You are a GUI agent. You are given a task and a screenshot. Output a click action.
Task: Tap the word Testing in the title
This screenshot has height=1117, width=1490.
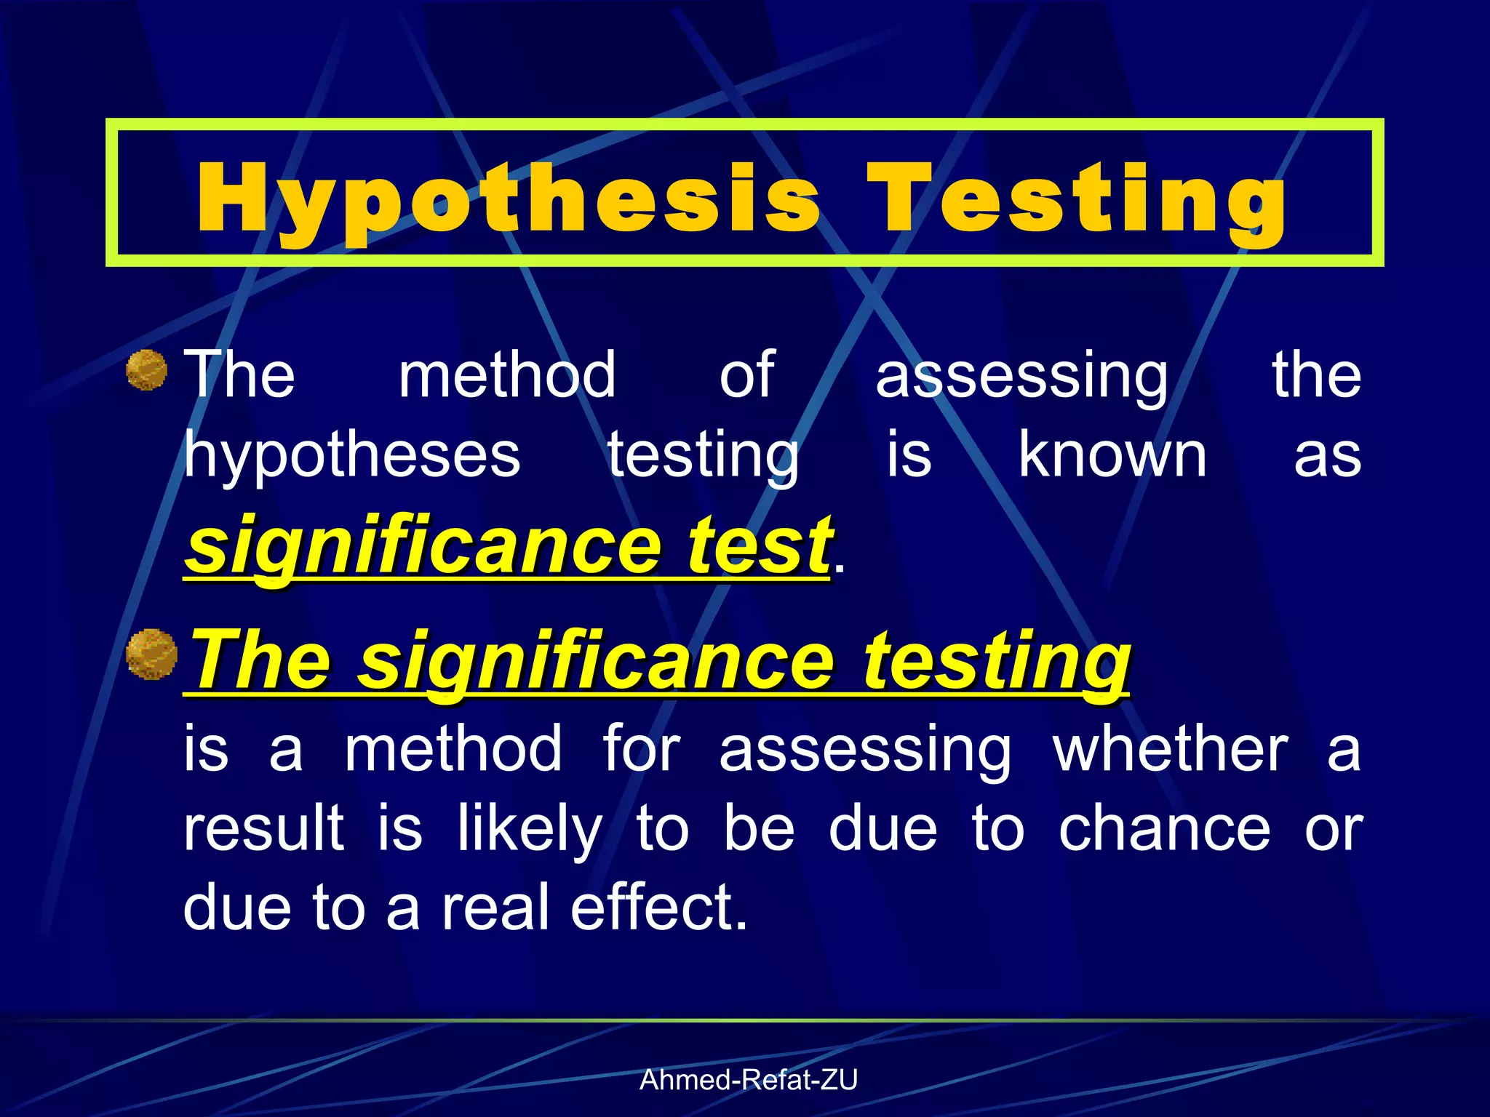click(1076, 199)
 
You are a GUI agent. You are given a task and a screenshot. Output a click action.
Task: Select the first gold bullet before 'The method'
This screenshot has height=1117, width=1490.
click(147, 370)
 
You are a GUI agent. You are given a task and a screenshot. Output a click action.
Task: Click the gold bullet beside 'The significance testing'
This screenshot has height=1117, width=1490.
click(151, 654)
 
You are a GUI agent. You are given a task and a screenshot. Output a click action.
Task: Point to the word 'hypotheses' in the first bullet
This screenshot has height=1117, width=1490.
click(352, 457)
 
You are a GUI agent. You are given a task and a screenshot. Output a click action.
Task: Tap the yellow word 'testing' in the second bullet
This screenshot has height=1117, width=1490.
click(997, 662)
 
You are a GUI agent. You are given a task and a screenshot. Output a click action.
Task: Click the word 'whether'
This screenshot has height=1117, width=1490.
click(1171, 749)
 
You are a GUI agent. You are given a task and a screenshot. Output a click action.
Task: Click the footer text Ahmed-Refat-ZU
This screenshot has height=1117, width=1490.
click(749, 1080)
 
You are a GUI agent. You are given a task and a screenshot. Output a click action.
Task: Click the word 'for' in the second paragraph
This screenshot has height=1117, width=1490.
click(642, 749)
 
